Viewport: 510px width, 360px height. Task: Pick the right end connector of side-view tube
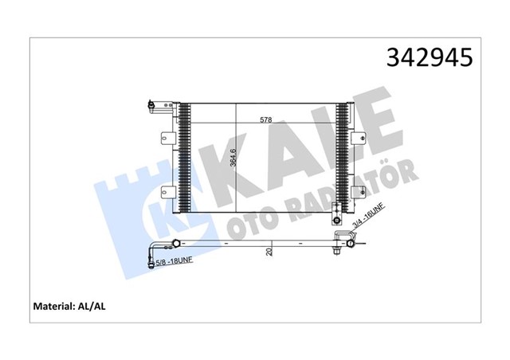pyautogui.click(x=342, y=242)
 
